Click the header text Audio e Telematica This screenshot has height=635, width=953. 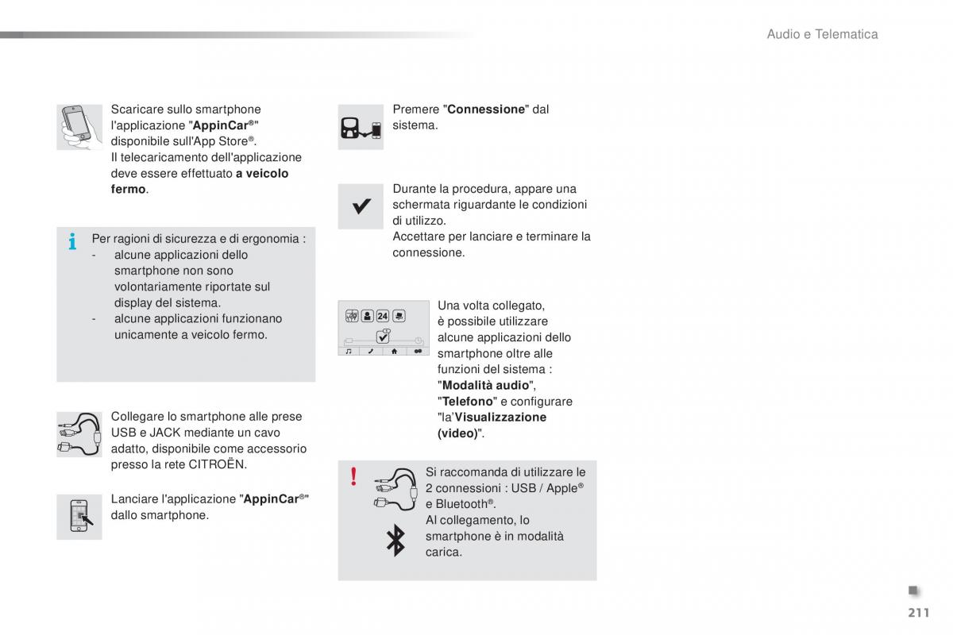pos(822,34)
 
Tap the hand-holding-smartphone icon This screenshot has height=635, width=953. pos(79,127)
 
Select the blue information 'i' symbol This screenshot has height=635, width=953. pos(72,241)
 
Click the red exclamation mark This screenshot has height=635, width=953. pos(353,476)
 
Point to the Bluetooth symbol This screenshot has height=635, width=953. pos(395,540)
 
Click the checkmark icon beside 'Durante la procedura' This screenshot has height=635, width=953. pos(361,206)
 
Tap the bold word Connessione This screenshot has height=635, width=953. pos(486,110)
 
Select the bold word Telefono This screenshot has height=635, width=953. pos(468,402)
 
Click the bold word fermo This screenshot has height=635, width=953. pos(128,190)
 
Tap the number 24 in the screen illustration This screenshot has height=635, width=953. pos(382,315)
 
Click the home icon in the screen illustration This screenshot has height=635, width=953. pos(395,350)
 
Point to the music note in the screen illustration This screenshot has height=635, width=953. pos(348,350)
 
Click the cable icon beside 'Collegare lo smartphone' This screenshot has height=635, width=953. pos(79,434)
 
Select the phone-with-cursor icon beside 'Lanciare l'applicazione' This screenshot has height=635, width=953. pos(79,516)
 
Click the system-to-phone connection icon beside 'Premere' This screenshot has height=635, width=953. pos(361,127)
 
